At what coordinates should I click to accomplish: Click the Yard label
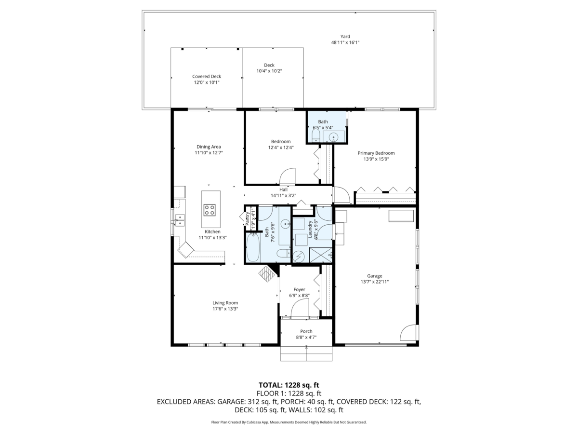click(345, 37)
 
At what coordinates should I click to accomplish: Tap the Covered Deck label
click(207, 76)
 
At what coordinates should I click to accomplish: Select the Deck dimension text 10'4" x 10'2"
click(269, 71)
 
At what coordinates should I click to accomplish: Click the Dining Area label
click(209, 147)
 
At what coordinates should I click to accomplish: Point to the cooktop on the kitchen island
click(210, 210)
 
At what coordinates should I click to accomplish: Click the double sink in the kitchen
click(180, 220)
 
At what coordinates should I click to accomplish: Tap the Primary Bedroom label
click(376, 153)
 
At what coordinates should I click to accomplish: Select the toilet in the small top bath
click(315, 136)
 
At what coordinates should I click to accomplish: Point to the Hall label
click(283, 190)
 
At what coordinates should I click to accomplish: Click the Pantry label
click(247, 219)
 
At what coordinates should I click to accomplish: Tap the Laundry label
click(310, 229)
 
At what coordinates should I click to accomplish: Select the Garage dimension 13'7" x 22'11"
click(374, 282)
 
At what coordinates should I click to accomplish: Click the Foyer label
click(299, 290)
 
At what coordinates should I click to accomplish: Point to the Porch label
click(306, 331)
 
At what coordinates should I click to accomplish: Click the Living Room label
click(225, 303)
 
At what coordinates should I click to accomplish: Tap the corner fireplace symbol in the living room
click(267, 274)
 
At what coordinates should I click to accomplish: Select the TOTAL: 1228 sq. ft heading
click(289, 385)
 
